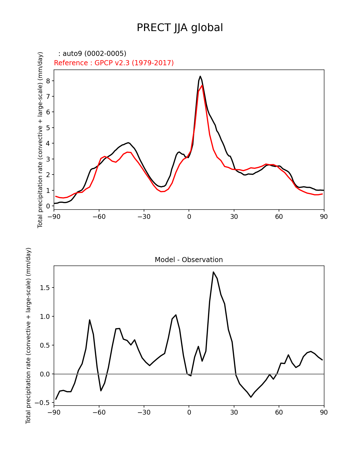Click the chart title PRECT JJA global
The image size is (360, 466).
[180, 28]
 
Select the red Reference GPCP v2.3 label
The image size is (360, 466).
[114, 63]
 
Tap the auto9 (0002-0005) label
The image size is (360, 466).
[92, 54]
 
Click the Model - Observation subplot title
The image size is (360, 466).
[189, 260]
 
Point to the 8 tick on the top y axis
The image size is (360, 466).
[48, 81]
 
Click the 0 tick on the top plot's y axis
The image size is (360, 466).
[48, 206]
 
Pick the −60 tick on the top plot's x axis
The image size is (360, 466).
[99, 217]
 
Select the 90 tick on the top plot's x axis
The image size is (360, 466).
[324, 217]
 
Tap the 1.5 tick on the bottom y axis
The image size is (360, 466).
[45, 288]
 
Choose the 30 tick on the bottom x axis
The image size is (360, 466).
[234, 412]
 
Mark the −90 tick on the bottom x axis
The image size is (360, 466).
[54, 412]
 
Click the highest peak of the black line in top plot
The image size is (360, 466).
[200, 76]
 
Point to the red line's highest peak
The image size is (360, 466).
[202, 85]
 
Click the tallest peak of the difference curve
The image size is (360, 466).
[213, 272]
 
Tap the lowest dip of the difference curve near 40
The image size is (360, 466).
[251, 397]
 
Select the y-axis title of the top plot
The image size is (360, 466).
[40, 140]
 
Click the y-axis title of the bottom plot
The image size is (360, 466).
[29, 336]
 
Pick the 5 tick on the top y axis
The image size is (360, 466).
[48, 128]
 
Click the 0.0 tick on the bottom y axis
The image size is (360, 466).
[45, 374]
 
